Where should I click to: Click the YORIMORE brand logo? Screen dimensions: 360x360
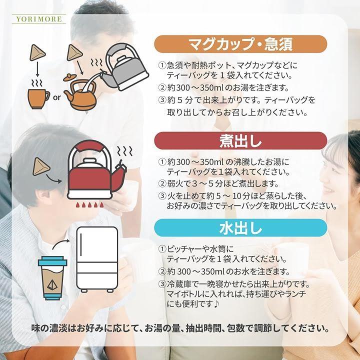tap(39, 19)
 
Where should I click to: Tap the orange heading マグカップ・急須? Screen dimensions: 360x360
tap(240, 44)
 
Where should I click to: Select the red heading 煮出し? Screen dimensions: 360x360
tap(240, 140)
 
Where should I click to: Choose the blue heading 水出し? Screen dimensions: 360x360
tap(240, 228)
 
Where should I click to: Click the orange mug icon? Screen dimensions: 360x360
tap(38, 98)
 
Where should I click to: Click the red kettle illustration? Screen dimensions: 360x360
tap(96, 170)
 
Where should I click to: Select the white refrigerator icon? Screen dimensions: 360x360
tap(97, 259)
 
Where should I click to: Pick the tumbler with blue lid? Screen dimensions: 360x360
tap(52, 278)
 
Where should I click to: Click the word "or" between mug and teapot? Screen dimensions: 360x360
tap(56, 97)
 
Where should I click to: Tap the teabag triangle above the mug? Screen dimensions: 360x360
tap(37, 52)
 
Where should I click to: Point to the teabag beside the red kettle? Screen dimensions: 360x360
tap(41, 166)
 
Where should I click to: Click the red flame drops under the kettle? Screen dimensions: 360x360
tap(89, 204)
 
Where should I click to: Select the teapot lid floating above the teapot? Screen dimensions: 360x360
tap(70, 77)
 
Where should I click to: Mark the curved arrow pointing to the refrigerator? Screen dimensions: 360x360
tap(60, 244)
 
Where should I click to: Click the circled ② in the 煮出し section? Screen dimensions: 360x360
tap(162, 183)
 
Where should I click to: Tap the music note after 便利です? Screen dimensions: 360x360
tap(216, 304)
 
